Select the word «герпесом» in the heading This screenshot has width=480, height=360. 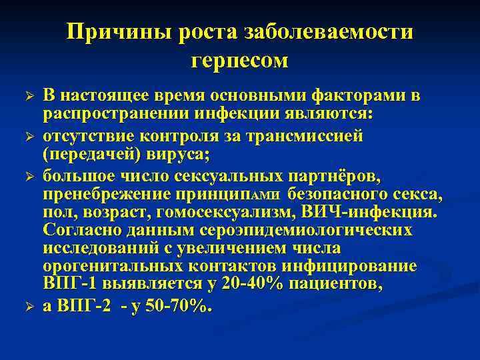(x=239, y=61)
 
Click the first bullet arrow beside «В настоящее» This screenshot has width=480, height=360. (x=28, y=97)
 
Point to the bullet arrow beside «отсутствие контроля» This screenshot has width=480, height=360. (x=28, y=138)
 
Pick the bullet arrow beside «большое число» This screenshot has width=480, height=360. (x=28, y=177)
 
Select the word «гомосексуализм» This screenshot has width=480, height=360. (x=219, y=212)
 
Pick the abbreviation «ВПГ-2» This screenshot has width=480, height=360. (x=87, y=306)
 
